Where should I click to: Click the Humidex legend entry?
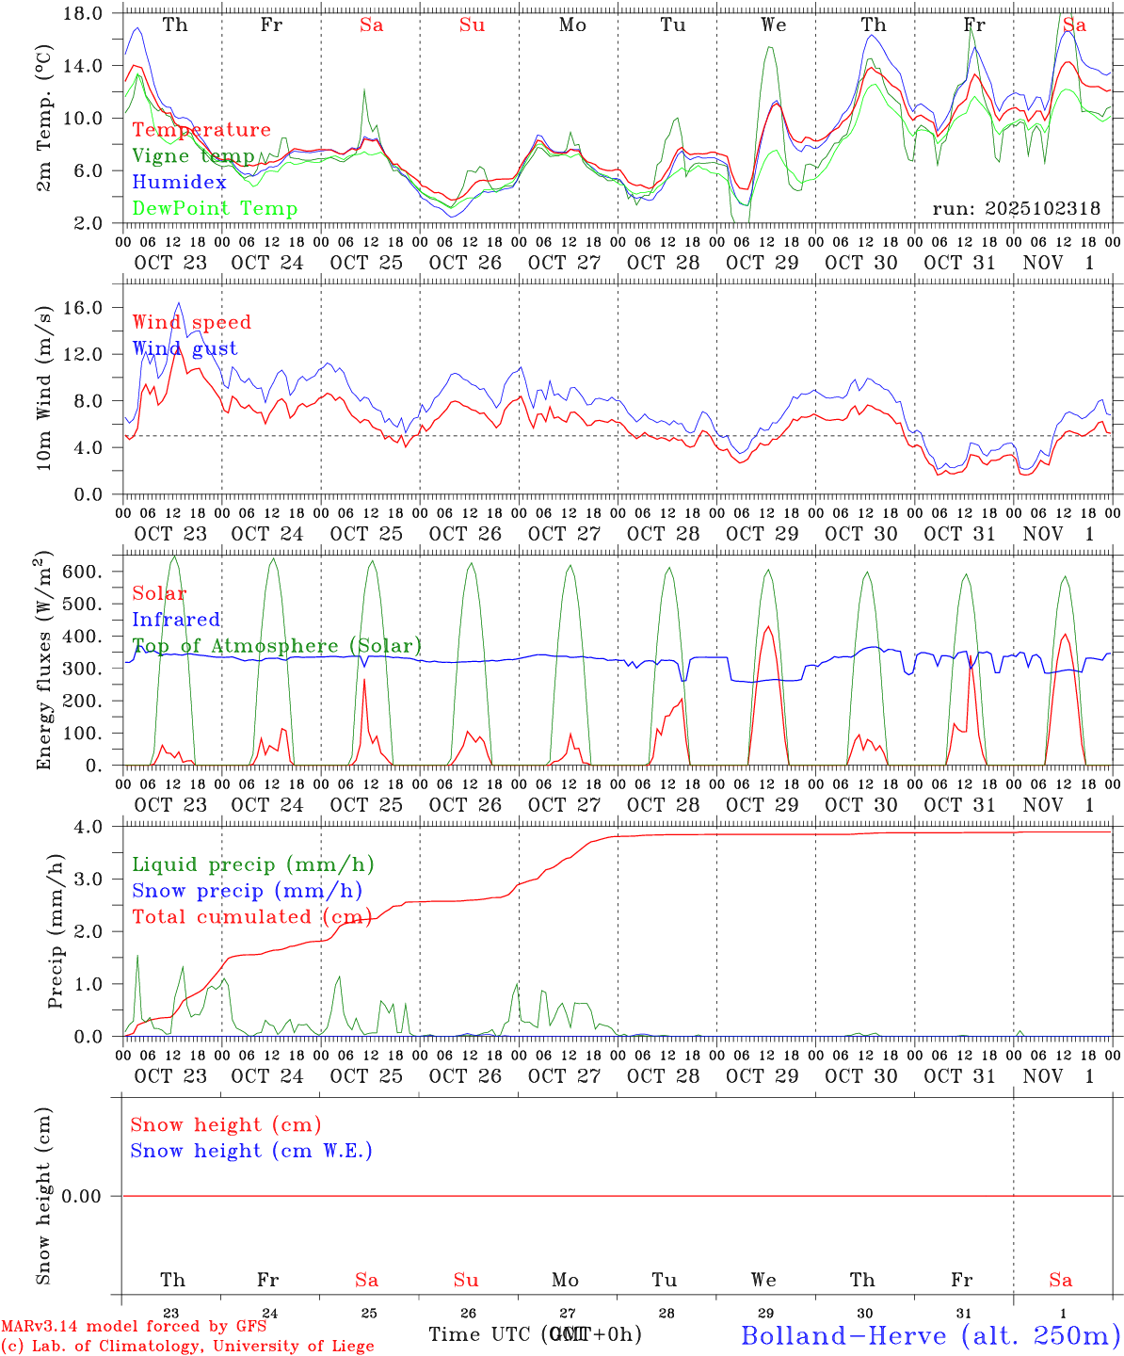pyautogui.click(x=179, y=183)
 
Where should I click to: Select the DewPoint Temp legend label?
pyautogui.click(x=215, y=209)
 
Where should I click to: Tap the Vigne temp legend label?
pyautogui.click(x=193, y=156)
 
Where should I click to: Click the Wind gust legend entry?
pyautogui.click(x=185, y=348)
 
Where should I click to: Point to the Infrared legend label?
pyautogui.click(x=176, y=620)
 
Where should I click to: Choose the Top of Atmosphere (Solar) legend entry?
pyautogui.click(x=277, y=646)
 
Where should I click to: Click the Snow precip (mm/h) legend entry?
pyautogui.click(x=247, y=891)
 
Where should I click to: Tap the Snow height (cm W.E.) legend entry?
pyautogui.click(x=251, y=1151)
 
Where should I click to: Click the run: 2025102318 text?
pyautogui.click(x=1016, y=209)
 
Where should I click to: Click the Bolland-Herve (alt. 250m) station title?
pyautogui.click(x=930, y=1335)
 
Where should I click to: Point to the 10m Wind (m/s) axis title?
pyautogui.click(x=44, y=388)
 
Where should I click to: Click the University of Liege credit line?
pyautogui.click(x=187, y=1347)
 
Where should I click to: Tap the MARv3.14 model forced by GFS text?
pyautogui.click(x=134, y=1327)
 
